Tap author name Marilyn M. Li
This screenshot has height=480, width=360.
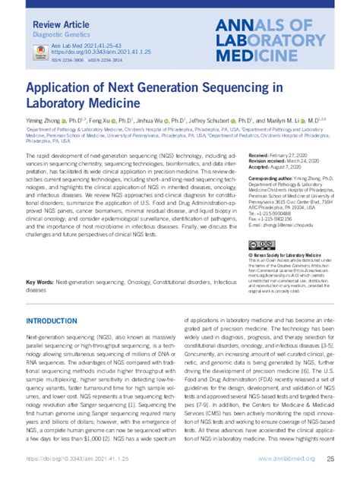coord(289,121)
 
